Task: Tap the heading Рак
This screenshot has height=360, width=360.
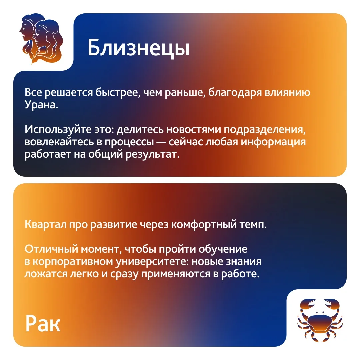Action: coord(43,324)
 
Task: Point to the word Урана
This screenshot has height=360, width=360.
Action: coord(41,105)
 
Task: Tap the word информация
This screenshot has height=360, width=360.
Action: coord(273,142)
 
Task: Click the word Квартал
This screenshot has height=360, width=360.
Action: coord(45,224)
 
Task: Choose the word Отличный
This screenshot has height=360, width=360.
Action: coord(51,249)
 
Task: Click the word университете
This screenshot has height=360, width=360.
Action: coord(152,262)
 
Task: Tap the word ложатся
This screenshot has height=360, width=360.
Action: coord(46,274)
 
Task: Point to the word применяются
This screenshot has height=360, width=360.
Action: coord(175,274)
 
